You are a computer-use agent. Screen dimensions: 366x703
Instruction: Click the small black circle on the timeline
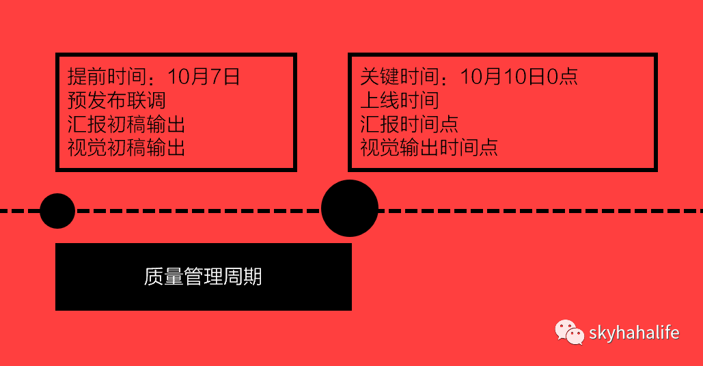point(57,211)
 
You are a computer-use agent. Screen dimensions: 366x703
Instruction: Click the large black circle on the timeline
point(350,208)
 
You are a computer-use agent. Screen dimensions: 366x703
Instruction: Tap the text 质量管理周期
point(203,277)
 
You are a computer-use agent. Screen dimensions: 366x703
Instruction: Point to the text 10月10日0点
point(519,76)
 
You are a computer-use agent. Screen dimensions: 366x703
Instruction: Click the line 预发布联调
point(117,100)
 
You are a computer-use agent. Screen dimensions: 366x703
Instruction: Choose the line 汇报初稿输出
point(126,124)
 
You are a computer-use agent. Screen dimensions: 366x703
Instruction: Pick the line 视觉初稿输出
point(126,147)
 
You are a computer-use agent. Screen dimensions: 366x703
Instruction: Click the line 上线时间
point(400,100)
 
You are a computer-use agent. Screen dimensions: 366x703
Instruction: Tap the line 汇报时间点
point(409,124)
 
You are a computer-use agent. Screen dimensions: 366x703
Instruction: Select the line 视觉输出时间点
point(429,147)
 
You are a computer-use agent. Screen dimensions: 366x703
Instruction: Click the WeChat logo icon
point(569,333)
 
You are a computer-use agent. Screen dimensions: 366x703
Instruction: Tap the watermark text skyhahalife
point(634,333)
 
